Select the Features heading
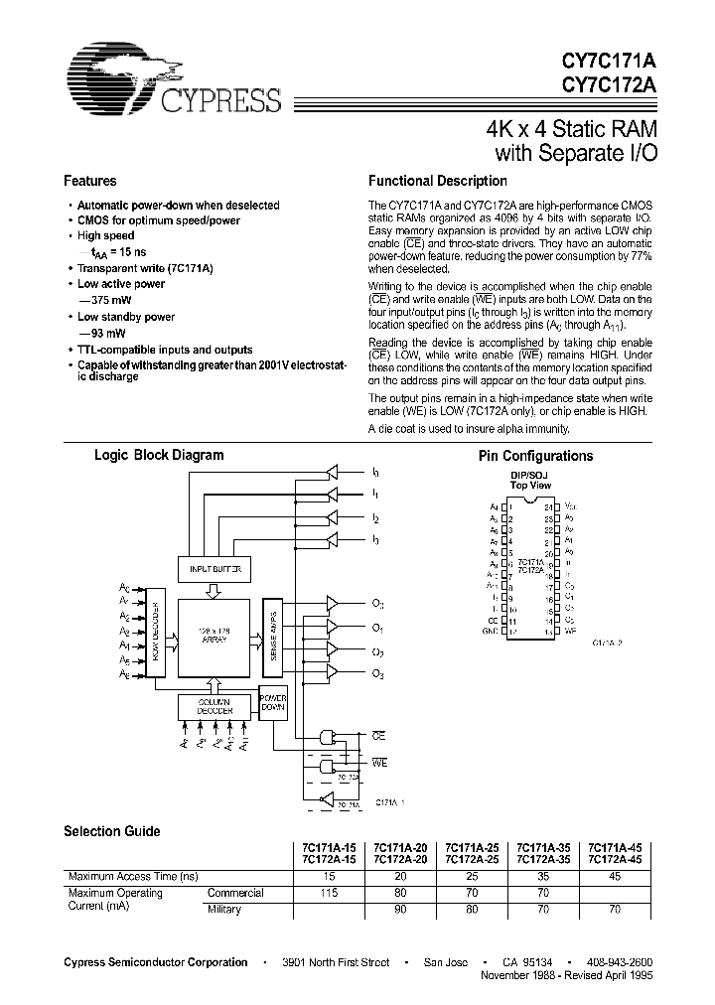pos(89,182)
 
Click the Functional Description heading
pos(437,182)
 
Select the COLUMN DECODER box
pos(214,706)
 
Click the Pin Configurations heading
pos(535,456)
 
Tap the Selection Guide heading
pos(111,831)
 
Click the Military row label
pos(224,909)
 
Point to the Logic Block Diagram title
pos(158,455)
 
